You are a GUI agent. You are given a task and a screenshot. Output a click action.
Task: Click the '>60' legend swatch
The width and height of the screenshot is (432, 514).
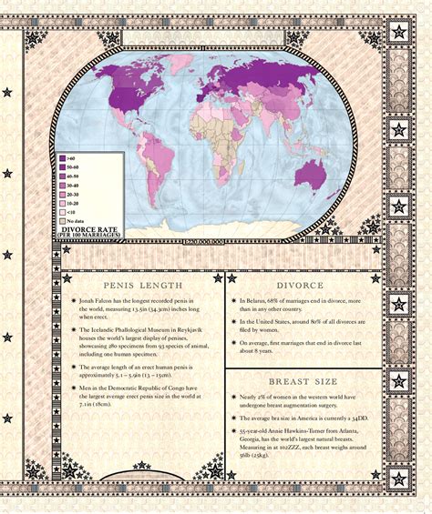[x=63, y=158]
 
